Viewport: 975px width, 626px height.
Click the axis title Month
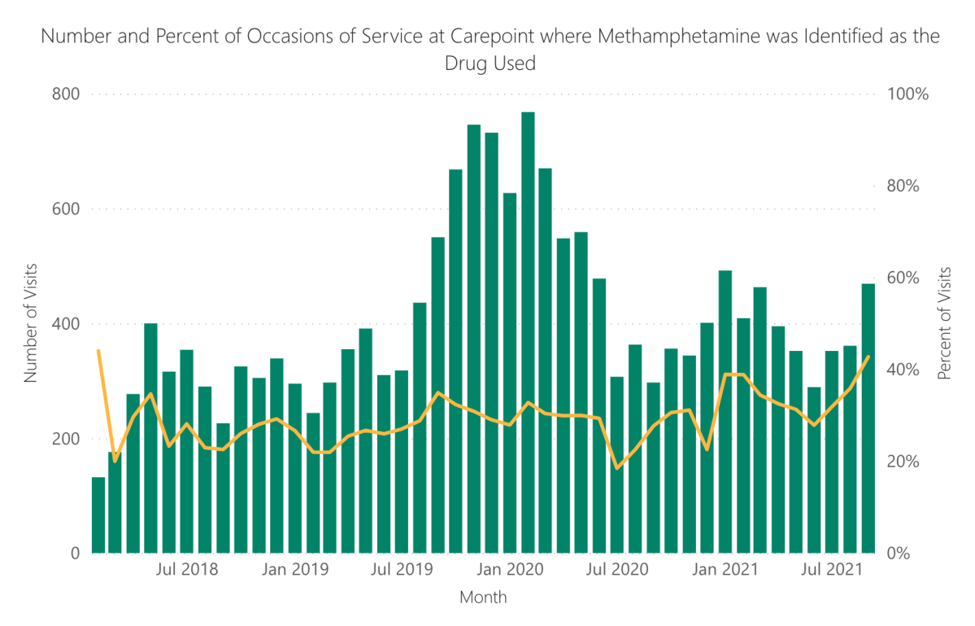click(483, 598)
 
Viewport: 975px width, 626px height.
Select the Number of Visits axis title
click(31, 323)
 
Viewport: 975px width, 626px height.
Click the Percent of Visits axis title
click(944, 323)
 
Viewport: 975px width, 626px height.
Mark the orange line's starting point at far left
click(98, 351)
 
